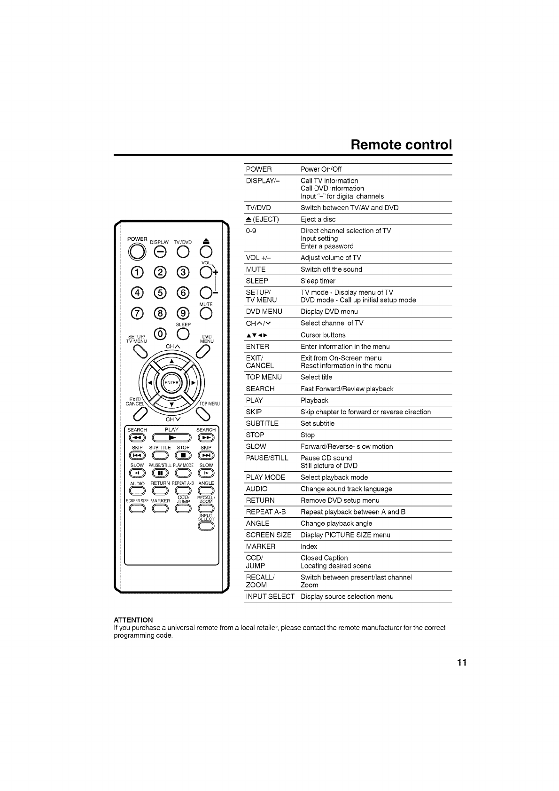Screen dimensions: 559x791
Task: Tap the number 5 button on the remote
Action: tap(160, 293)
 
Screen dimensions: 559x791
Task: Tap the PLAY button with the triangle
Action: tap(171, 438)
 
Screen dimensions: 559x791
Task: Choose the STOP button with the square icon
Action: tap(183, 456)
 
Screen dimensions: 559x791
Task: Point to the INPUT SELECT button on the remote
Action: tap(206, 526)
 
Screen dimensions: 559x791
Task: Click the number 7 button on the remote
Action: tap(138, 314)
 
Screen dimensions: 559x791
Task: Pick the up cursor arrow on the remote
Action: tap(171, 361)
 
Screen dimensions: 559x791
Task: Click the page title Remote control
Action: tap(401, 144)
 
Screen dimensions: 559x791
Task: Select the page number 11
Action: tap(461, 663)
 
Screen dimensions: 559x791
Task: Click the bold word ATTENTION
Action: tap(133, 620)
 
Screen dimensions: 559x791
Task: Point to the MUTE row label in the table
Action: tap(256, 269)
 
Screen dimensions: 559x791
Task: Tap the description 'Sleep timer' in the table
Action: tap(318, 281)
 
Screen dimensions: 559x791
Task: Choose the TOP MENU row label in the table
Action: tap(264, 377)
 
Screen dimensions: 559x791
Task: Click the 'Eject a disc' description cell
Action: tap(318, 220)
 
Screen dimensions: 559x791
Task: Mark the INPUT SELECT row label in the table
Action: tap(270, 597)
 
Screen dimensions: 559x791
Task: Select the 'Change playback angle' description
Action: tap(336, 523)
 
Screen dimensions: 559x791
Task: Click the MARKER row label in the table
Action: tap(261, 546)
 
